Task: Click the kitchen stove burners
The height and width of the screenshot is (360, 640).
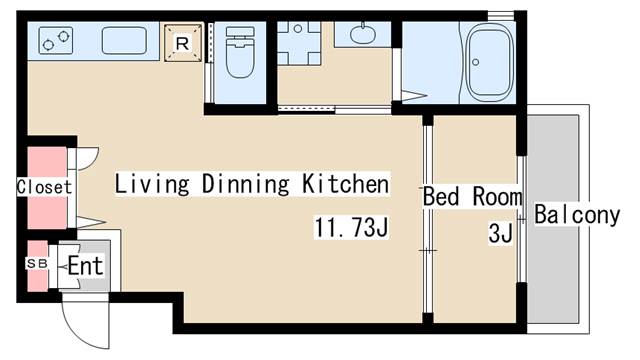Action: point(56,40)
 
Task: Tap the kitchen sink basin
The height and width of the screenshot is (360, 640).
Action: point(124,40)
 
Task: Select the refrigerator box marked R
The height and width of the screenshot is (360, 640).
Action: point(183,43)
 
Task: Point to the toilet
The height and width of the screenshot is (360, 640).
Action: point(240,52)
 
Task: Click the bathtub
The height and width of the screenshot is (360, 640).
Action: point(489,62)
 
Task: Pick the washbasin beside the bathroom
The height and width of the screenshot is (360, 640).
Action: point(362,34)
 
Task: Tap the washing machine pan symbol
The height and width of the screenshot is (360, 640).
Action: point(298,43)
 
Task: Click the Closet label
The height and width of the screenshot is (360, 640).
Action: point(44,187)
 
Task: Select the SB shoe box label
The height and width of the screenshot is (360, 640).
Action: point(37,263)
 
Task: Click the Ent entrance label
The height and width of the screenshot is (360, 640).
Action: point(85,266)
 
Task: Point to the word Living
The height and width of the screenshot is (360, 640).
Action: point(152,184)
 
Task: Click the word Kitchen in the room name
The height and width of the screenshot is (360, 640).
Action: point(346,184)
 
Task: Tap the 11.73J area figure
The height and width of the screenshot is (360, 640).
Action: point(351,227)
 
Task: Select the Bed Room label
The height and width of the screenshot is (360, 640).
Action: point(472,196)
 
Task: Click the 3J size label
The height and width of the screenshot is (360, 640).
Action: point(500,233)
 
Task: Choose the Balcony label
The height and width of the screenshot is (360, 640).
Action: point(577,214)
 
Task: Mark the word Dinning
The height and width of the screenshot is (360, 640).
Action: point(246,184)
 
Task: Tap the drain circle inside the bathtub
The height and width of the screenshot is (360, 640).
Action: point(476,62)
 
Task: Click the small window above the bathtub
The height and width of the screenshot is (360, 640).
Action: point(501,16)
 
